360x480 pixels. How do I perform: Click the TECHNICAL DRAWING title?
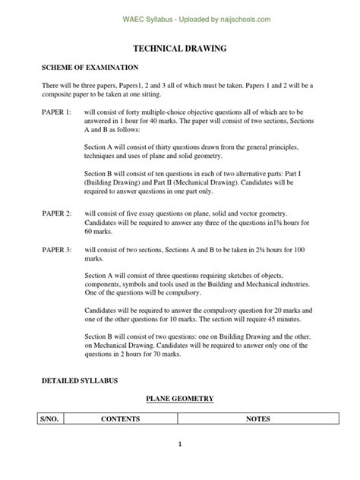(x=179, y=49)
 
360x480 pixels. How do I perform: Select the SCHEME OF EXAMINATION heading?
(x=90, y=68)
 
